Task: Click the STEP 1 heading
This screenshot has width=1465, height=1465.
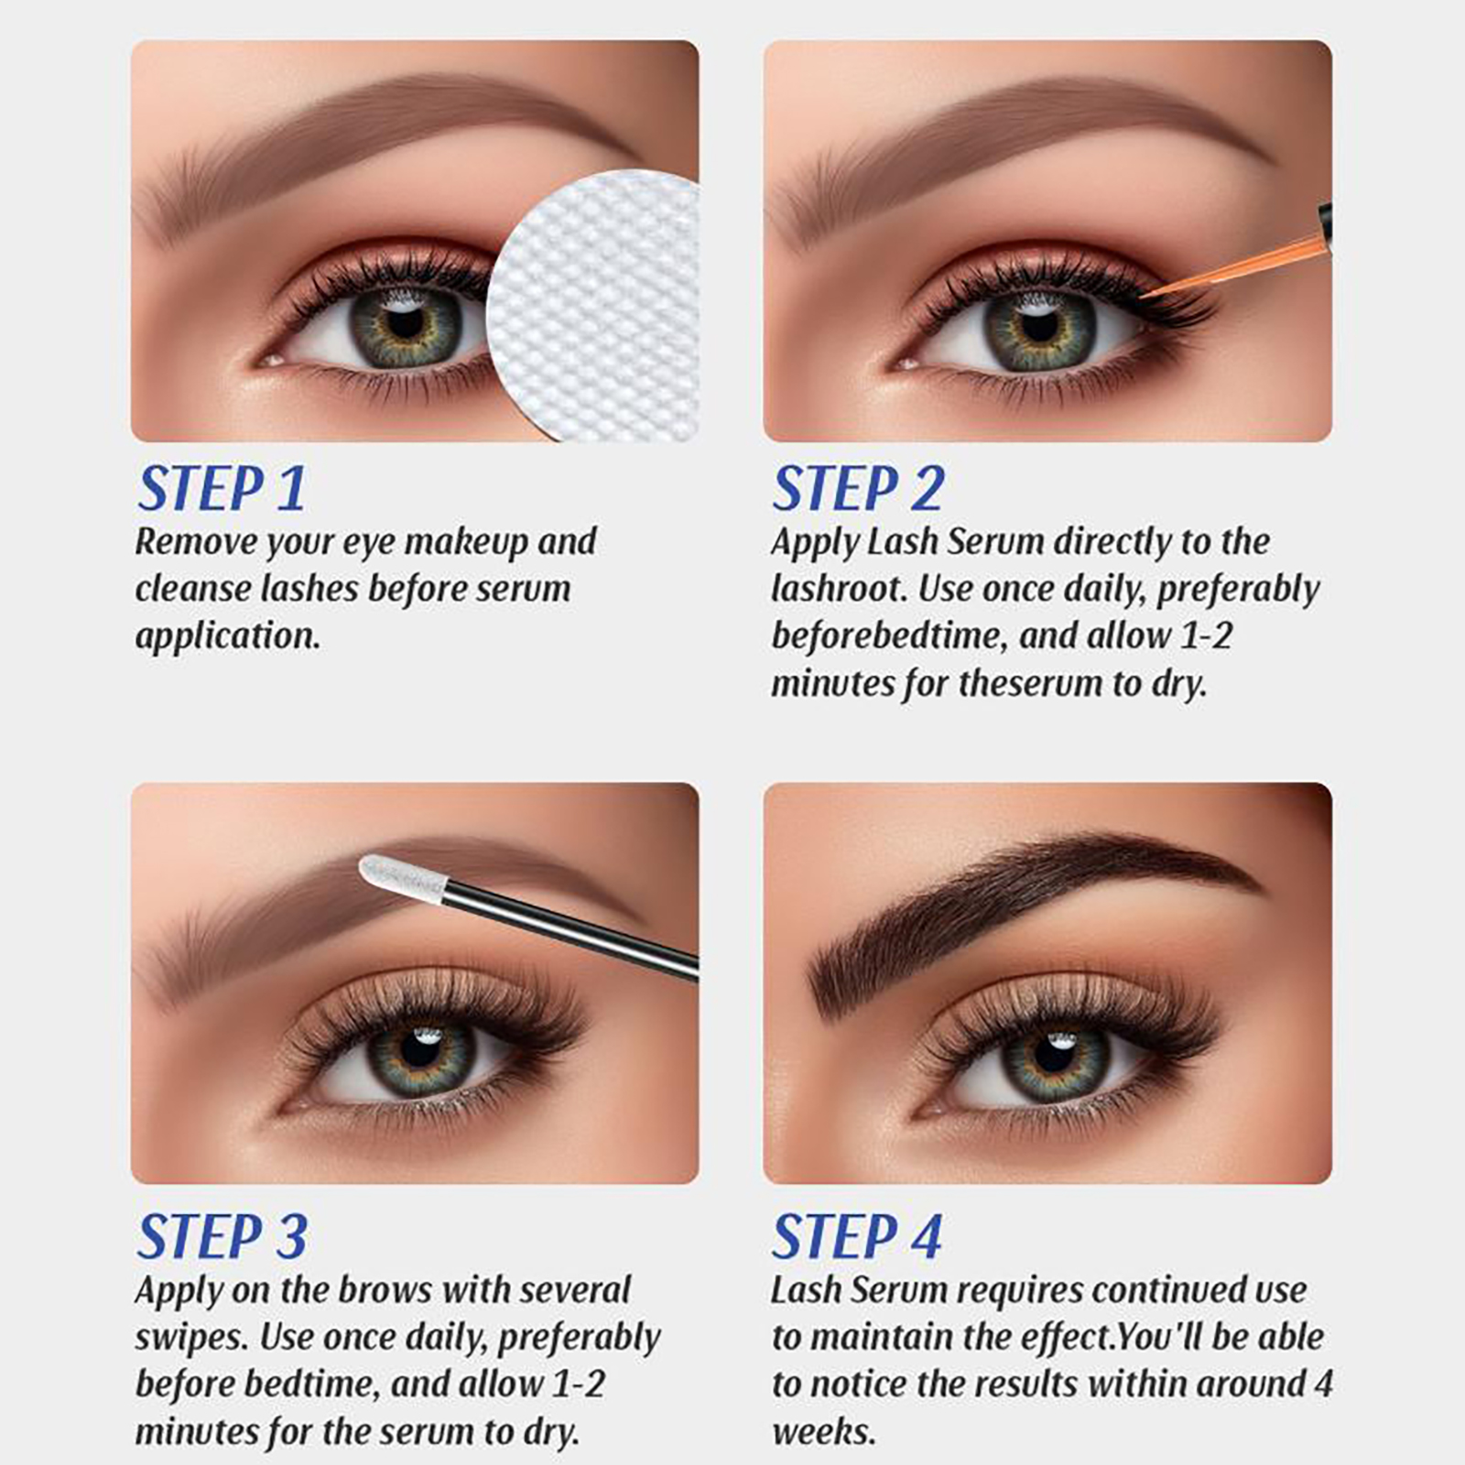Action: point(221,489)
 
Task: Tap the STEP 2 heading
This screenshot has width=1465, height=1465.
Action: point(857,489)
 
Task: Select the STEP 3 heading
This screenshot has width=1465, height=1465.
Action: point(222,1237)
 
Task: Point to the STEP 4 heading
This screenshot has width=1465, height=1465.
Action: point(856,1237)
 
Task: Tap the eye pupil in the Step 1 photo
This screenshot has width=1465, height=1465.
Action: point(405,322)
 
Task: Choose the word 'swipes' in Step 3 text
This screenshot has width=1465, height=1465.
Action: point(189,1339)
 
